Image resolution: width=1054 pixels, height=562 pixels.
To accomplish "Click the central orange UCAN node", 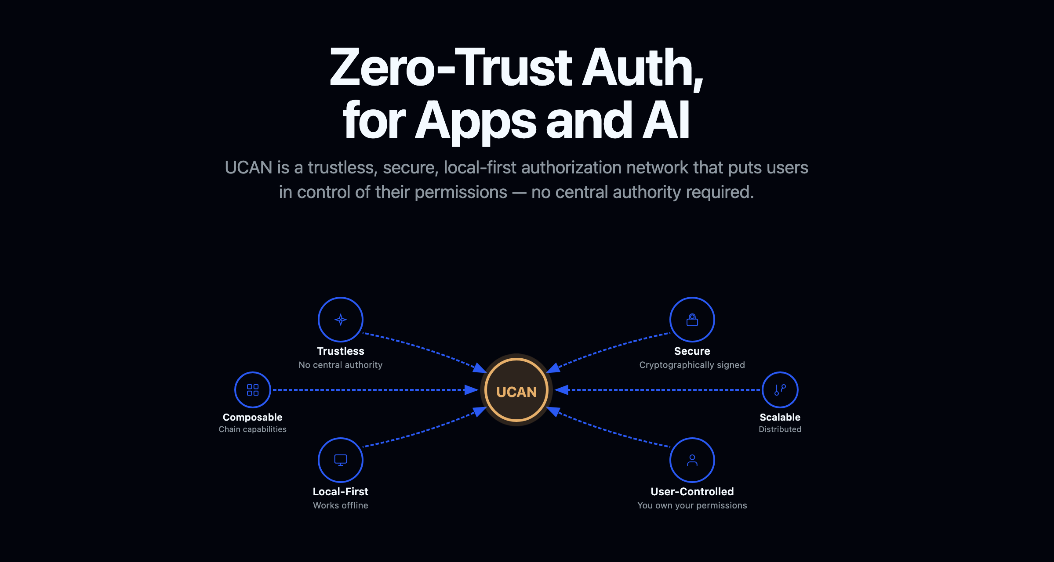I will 516,390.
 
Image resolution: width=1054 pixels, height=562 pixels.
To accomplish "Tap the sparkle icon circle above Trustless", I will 341,320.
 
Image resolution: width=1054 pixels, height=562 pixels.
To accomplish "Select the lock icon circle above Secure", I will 692,320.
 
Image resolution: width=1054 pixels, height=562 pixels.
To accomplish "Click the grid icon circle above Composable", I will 253,390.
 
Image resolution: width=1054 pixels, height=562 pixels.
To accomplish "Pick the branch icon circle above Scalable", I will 780,390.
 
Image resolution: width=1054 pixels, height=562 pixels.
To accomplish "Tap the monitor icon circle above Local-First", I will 341,460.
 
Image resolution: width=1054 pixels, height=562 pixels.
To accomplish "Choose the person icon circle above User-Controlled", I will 692,460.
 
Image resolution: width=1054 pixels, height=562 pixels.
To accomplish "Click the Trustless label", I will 341,351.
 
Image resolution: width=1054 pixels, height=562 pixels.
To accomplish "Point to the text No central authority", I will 341,365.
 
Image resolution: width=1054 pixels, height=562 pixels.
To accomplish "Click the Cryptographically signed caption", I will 692,365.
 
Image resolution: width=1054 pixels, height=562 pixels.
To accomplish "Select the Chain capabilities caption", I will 253,429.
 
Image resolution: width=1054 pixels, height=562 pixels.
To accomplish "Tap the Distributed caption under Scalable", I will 780,429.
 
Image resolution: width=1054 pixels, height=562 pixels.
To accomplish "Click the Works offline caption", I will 341,505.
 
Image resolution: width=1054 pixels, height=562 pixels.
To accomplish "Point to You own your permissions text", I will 692,505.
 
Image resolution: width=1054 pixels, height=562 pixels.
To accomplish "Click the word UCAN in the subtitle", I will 248,168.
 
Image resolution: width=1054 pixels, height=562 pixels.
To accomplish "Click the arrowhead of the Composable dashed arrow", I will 472,390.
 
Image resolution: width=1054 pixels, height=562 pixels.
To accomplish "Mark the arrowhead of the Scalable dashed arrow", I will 561,390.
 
